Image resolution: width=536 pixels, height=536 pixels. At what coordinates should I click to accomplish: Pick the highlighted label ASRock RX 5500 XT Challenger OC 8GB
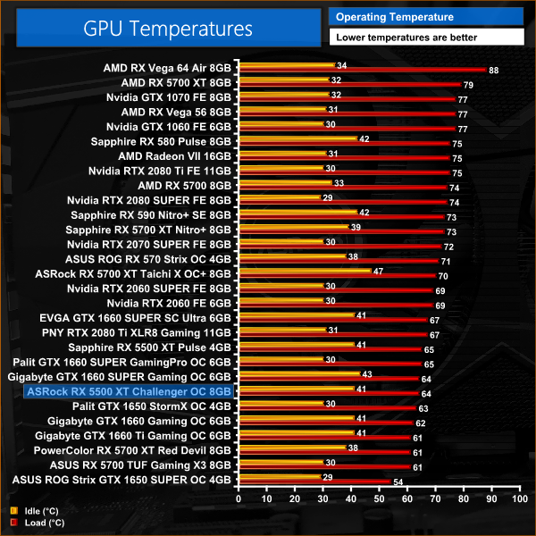(130, 391)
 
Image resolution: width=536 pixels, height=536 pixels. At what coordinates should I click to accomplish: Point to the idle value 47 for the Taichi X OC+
(378, 270)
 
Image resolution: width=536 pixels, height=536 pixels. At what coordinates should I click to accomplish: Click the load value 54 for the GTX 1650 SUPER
(398, 482)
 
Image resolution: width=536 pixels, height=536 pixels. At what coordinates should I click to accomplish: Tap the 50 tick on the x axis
(383, 500)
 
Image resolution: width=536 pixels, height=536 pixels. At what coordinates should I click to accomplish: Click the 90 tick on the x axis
(499, 500)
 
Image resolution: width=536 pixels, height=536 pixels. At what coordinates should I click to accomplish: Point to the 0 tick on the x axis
(238, 500)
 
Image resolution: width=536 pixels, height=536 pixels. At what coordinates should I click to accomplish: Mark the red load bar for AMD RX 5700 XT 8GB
(348, 85)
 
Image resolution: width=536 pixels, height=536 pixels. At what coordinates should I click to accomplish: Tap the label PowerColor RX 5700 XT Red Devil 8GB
(134, 451)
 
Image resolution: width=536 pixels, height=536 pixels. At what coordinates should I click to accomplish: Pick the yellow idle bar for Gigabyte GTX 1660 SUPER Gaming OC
(297, 373)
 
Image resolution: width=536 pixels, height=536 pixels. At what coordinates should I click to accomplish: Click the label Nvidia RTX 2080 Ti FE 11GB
(160, 171)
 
